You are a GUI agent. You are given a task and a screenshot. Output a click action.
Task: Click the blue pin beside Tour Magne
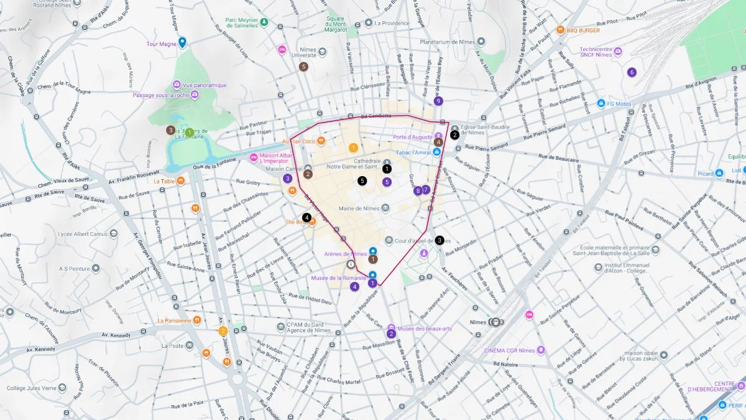click(x=182, y=42)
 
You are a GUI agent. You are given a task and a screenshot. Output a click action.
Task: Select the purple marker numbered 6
click(x=632, y=72)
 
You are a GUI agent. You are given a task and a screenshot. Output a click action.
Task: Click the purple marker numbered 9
click(x=438, y=101)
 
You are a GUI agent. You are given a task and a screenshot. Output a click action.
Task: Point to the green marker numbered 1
click(x=189, y=132)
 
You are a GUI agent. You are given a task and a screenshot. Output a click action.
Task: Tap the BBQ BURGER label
click(x=583, y=29)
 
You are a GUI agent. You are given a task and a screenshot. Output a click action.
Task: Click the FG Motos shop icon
click(x=601, y=103)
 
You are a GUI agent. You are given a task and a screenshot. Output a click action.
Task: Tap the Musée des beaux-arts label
click(x=425, y=328)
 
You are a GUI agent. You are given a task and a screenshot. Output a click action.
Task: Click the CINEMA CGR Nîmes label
click(x=510, y=350)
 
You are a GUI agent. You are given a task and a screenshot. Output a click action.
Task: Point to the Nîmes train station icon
click(x=495, y=322)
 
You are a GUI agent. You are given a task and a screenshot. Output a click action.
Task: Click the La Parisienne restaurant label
click(x=175, y=321)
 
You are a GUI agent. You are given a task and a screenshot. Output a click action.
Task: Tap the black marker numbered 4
click(x=306, y=217)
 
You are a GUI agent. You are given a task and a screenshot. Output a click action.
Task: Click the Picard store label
click(x=705, y=174)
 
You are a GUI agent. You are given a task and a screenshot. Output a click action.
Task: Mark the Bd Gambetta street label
click(x=377, y=116)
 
